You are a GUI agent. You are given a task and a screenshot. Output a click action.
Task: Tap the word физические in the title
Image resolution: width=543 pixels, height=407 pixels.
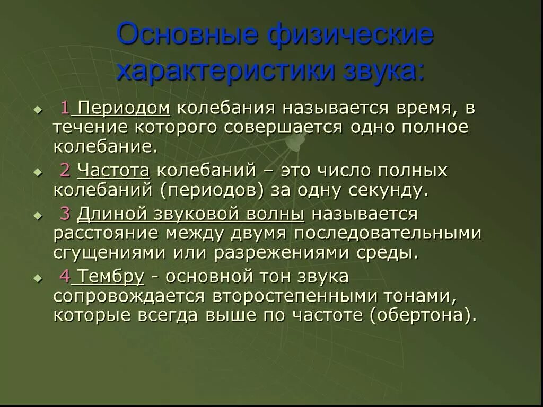point(351,34)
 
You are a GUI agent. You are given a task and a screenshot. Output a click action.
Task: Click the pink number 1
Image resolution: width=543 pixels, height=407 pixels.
point(65,108)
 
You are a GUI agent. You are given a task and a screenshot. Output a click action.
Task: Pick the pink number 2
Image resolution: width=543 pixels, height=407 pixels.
point(65,170)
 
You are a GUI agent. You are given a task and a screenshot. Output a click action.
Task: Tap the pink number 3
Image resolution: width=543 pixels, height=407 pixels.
point(65,214)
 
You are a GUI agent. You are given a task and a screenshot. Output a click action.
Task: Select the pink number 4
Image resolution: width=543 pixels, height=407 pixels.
point(65,276)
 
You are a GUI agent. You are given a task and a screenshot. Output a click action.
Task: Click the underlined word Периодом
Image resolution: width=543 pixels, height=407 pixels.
point(124,109)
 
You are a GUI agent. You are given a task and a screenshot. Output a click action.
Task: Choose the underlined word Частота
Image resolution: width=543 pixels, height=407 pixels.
point(113,170)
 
